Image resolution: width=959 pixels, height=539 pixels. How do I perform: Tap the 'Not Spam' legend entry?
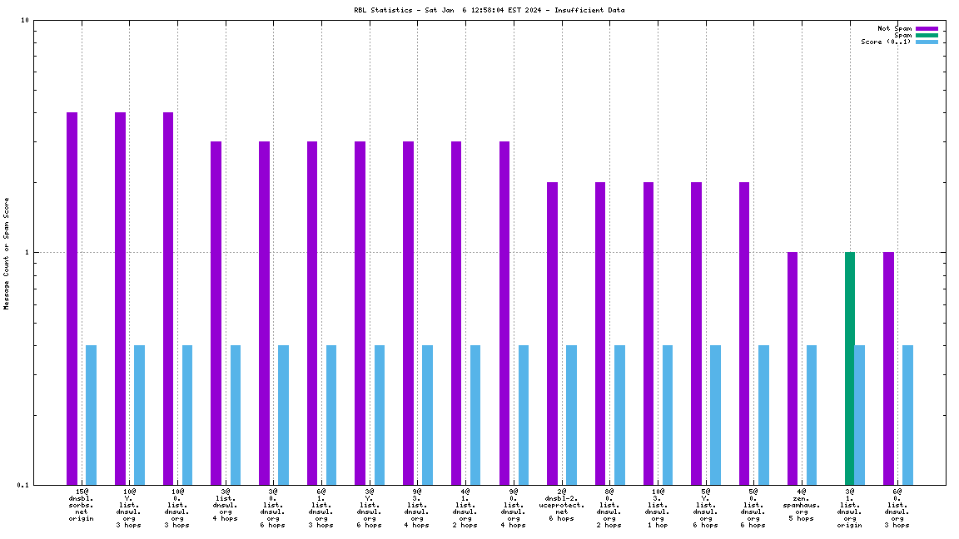click(x=894, y=28)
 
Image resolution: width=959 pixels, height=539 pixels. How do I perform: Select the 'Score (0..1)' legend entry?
click(x=887, y=42)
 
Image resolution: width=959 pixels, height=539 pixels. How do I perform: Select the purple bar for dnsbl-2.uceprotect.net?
click(x=552, y=333)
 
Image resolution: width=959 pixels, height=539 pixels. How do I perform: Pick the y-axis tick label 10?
click(x=25, y=21)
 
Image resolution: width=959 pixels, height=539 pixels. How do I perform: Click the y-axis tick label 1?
click(x=27, y=252)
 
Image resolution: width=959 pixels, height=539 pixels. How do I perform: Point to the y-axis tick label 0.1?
click(x=23, y=485)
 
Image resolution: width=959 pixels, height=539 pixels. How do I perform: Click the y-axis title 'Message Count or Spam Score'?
click(x=7, y=253)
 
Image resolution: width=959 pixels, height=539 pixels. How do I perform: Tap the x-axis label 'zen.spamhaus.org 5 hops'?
click(x=801, y=505)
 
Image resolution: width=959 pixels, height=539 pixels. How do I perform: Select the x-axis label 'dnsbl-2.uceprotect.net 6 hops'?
click(x=561, y=505)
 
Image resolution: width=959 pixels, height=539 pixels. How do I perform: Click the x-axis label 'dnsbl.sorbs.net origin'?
click(x=82, y=505)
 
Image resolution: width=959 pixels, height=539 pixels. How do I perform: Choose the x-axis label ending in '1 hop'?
click(x=658, y=508)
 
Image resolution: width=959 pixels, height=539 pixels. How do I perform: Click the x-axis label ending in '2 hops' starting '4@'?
click(x=465, y=508)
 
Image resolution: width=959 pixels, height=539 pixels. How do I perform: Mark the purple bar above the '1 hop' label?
click(x=648, y=333)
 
